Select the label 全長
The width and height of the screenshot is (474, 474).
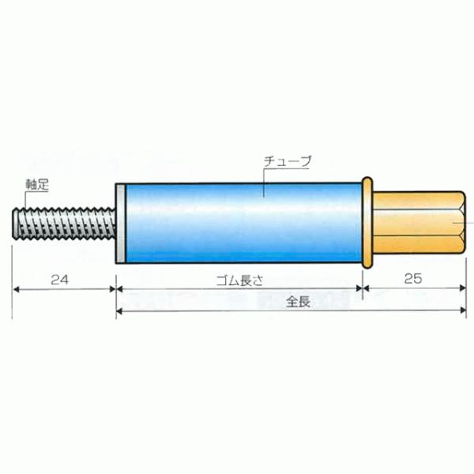[297, 301]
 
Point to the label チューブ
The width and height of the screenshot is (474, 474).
[288, 160]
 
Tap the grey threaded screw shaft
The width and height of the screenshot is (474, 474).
[63, 224]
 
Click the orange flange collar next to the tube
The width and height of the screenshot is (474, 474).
[367, 224]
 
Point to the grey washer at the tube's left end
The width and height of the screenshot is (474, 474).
[119, 224]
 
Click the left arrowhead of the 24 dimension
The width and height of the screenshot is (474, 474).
[17, 290]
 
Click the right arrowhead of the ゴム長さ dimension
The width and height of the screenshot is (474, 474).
[359, 290]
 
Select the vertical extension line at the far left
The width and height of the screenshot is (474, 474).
[12, 276]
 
